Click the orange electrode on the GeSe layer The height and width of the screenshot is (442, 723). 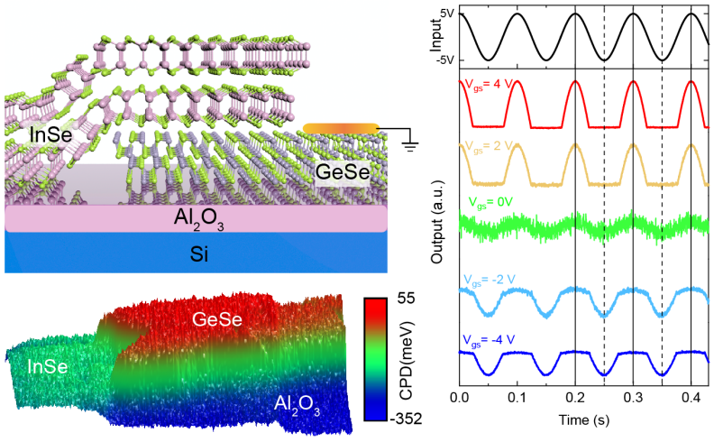point(338,128)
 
